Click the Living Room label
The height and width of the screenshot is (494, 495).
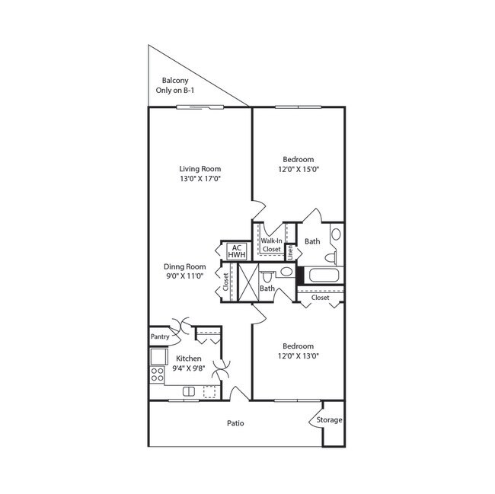pyautogui.click(x=200, y=168)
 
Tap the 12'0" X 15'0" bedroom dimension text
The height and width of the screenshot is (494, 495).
pyautogui.click(x=297, y=170)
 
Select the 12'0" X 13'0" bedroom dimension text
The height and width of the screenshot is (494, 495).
pyautogui.click(x=297, y=355)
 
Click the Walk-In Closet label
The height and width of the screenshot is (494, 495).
pyautogui.click(x=272, y=244)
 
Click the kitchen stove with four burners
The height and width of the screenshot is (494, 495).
pyautogui.click(x=158, y=374)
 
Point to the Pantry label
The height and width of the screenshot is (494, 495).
pyautogui.click(x=160, y=336)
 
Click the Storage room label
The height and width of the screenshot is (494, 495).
pyautogui.click(x=329, y=420)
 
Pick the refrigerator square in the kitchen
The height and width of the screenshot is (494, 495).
pyautogui.click(x=159, y=356)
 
